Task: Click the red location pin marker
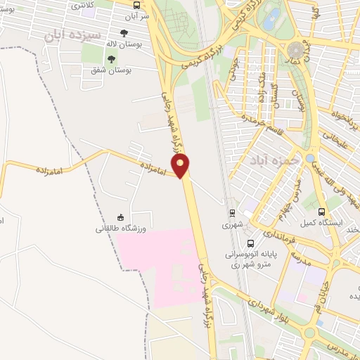[x=183, y=165]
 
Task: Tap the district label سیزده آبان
[x=72, y=33]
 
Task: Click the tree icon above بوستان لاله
[x=124, y=33]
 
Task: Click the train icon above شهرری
[x=231, y=212]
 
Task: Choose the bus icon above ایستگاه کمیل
[x=322, y=212]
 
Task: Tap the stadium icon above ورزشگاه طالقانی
[x=120, y=217]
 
